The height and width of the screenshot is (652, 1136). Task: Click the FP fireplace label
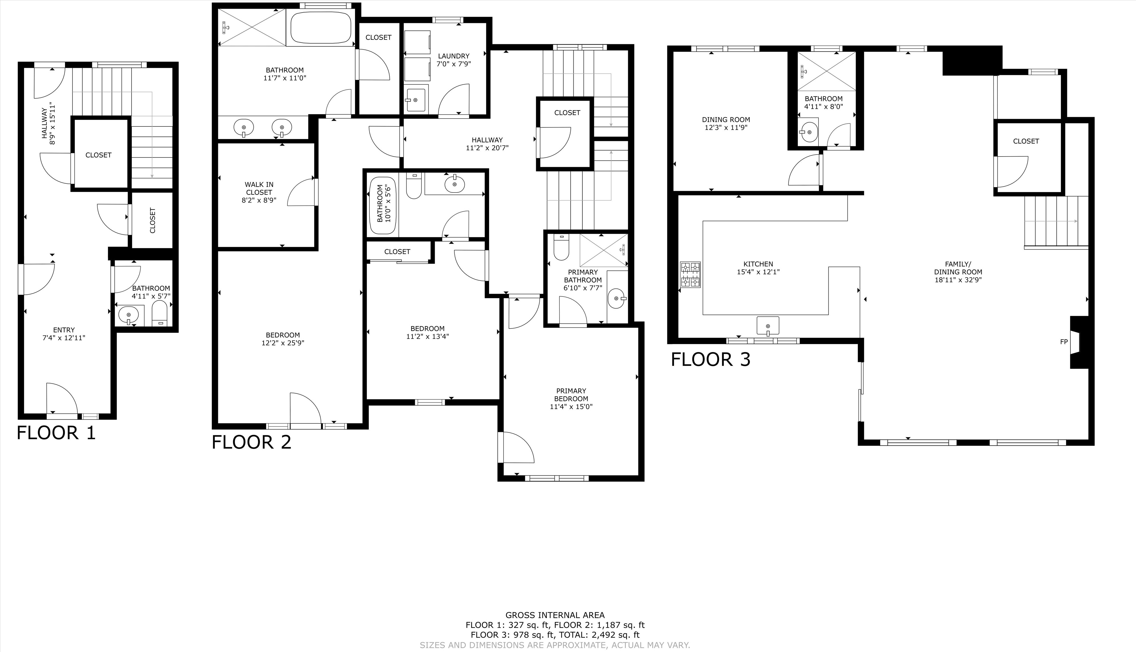pos(1064,342)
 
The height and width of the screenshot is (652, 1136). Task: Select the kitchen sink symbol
pos(768,326)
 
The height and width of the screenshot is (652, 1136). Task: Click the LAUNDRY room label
pos(454,56)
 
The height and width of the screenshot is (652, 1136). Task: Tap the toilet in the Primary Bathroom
pos(561,247)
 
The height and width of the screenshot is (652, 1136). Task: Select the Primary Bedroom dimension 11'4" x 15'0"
pos(571,407)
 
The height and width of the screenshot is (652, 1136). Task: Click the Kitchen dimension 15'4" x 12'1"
pos(758,272)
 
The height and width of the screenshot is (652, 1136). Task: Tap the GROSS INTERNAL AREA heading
pos(555,615)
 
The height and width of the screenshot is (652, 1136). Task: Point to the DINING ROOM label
pos(726,120)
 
